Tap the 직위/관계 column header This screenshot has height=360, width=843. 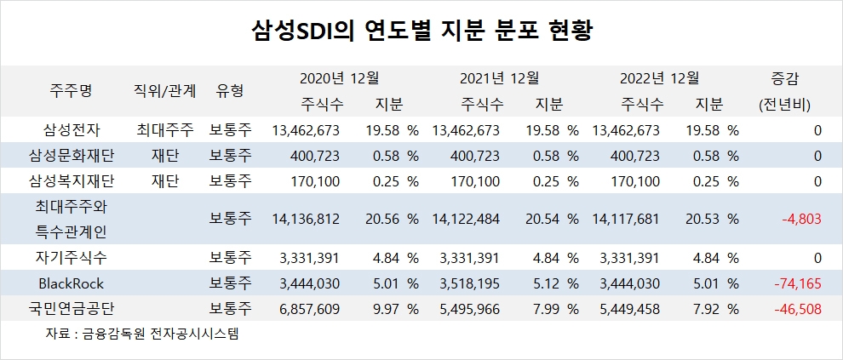tap(165, 90)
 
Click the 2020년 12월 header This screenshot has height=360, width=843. tap(339, 78)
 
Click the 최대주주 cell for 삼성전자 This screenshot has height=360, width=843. tap(165, 130)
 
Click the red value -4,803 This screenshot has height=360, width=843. tap(801, 218)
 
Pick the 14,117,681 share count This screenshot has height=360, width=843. tap(625, 218)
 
